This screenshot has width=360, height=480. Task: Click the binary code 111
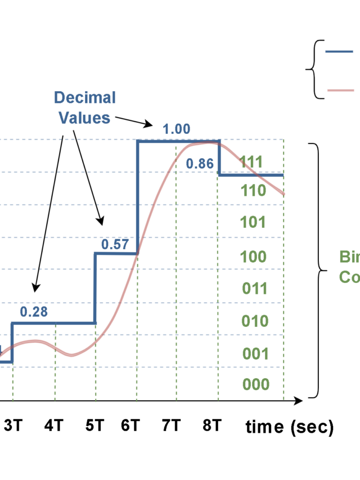pos(251,162)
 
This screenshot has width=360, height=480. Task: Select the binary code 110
pos(253,191)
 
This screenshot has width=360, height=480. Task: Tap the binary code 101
pos(253,222)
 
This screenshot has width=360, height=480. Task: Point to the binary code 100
pos(253,257)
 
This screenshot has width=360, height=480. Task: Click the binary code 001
pos(255,353)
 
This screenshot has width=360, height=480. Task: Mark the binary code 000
pos(255,384)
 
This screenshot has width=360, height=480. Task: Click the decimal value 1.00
pos(177,129)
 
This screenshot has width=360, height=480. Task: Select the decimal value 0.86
pos(200,164)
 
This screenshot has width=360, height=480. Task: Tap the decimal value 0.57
pos(115,245)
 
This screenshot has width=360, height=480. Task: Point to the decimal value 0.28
pos(34,312)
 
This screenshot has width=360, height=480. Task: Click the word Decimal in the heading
pos(84,98)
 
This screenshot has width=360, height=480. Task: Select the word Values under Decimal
pos(84,118)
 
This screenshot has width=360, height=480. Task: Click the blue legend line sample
pos(340,52)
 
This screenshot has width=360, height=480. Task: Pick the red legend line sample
pos(340,90)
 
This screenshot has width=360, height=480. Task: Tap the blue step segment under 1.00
pos(178,141)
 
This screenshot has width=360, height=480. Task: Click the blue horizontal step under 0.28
pos(53,324)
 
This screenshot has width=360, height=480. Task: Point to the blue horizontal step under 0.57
pos(116,253)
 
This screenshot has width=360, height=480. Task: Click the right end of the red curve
pos(284,194)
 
